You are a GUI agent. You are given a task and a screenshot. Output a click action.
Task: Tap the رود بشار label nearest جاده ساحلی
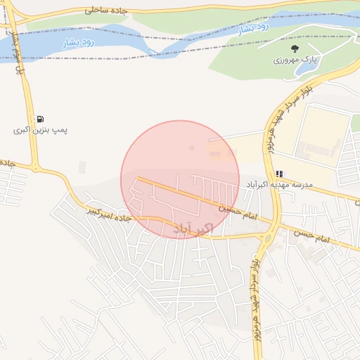[79, 42]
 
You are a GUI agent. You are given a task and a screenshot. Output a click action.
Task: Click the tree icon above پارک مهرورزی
[295, 49]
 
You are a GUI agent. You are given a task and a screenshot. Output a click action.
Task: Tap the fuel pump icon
[40, 119]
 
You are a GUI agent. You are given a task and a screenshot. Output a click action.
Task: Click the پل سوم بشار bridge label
[12, 39]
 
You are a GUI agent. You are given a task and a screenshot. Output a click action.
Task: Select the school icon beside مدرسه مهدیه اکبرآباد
[279, 173]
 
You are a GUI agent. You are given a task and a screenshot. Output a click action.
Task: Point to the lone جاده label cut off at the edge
[7, 162]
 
